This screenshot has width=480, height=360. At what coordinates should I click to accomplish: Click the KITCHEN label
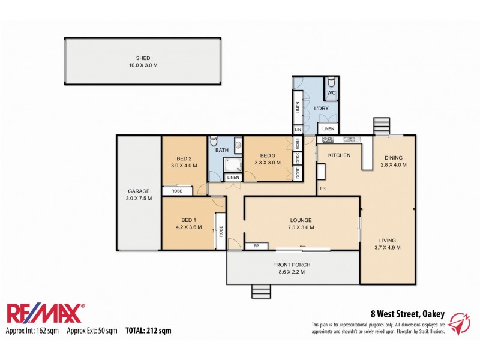click(338, 155)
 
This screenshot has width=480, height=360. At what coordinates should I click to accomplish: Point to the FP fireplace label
click(256, 246)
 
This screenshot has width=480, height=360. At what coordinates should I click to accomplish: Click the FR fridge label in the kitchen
click(322, 188)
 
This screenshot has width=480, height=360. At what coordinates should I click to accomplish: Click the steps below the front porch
click(261, 292)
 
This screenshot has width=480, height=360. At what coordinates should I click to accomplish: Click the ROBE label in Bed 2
click(177, 191)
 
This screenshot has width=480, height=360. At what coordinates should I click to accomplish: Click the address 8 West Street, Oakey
click(407, 313)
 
